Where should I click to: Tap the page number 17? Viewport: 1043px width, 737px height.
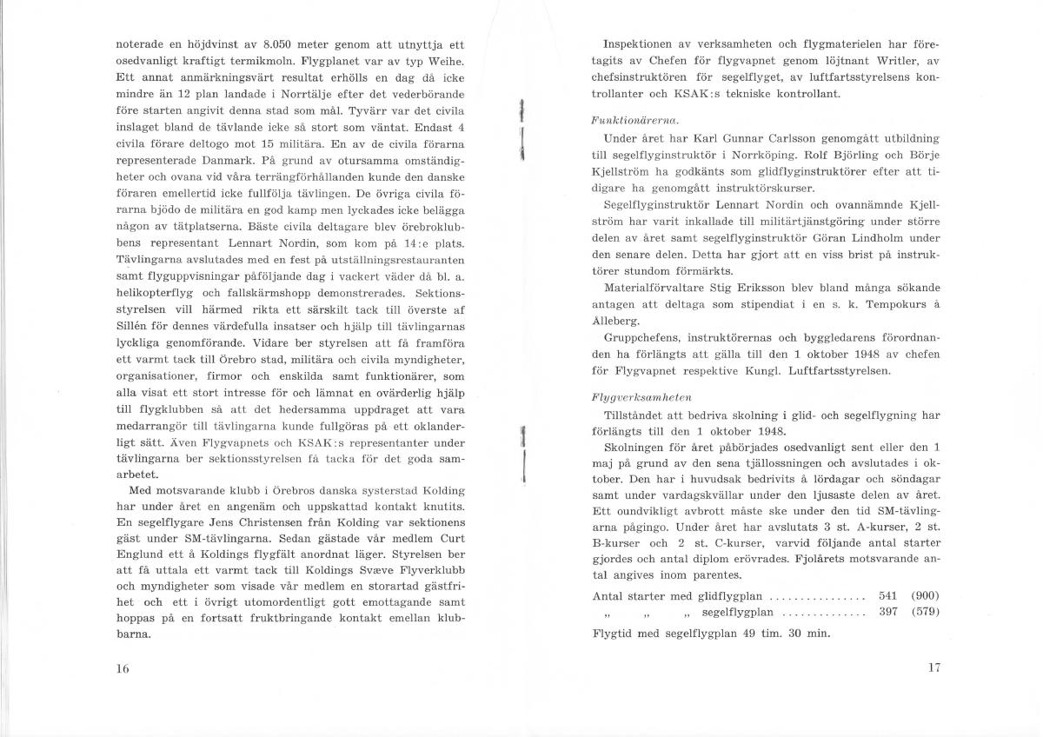934,667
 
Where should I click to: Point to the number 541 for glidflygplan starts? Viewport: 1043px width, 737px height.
887,596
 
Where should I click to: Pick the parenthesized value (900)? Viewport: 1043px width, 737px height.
925,596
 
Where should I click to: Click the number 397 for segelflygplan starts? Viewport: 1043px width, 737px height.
887,613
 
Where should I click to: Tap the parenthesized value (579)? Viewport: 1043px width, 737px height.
925,613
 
